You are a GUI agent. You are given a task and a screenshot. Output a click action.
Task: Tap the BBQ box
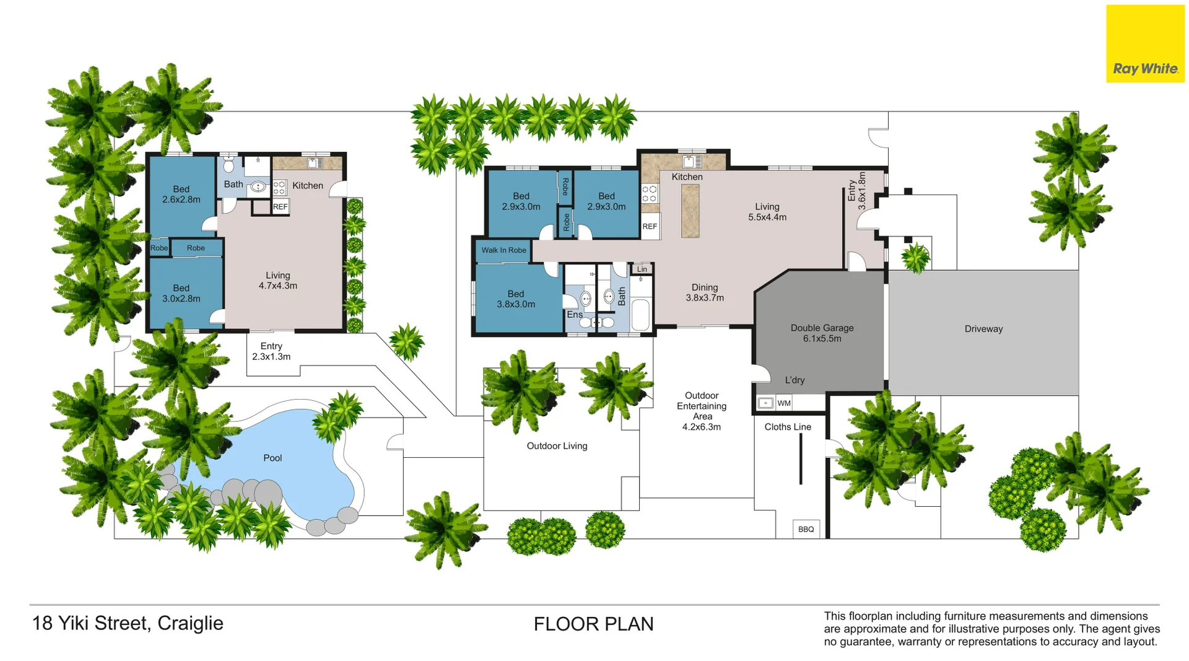tap(806, 529)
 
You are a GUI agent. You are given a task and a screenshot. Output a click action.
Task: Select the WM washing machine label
tap(784, 403)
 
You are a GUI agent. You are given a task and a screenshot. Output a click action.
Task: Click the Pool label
tap(272, 458)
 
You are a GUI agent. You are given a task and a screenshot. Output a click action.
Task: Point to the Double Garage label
tap(822, 328)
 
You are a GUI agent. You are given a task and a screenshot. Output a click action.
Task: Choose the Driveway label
tap(983, 329)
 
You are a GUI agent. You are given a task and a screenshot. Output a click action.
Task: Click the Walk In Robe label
tap(504, 250)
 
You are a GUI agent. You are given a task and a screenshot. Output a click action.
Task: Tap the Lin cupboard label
tap(642, 269)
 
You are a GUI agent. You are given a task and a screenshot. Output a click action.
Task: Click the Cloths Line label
tap(788, 427)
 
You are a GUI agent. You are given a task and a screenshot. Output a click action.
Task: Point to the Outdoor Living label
tap(557, 446)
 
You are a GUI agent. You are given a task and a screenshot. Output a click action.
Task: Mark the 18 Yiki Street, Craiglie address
tap(128, 623)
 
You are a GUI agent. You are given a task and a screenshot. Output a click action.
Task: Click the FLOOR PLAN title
tap(594, 624)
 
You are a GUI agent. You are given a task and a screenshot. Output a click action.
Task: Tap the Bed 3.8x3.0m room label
tap(516, 299)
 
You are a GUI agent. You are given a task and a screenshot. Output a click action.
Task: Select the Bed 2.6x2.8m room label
tap(181, 195)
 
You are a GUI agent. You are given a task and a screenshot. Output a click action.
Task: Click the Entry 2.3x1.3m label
tap(271, 351)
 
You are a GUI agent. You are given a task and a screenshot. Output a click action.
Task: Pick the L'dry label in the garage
tap(795, 380)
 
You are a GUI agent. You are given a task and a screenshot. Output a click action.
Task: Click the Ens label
tap(575, 315)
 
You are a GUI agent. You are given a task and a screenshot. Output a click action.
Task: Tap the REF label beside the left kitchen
tap(281, 207)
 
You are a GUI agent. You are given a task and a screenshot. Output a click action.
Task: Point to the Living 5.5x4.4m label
tap(767, 212)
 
